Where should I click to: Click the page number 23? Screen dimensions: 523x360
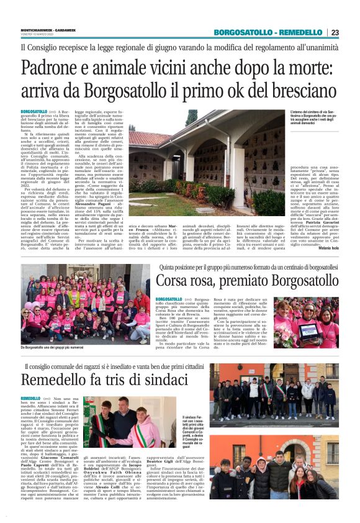[335, 32]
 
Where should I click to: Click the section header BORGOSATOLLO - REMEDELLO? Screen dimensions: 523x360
[268, 32]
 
